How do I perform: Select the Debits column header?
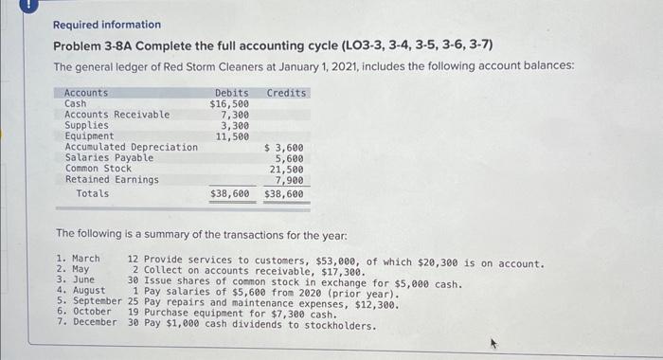coord(232,93)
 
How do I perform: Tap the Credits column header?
coord(287,93)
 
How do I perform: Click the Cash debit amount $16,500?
coord(229,103)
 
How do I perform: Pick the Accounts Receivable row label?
coord(116,115)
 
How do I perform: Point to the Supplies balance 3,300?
coord(235,125)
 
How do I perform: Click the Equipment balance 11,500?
coord(232,136)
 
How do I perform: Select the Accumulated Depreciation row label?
coord(131,147)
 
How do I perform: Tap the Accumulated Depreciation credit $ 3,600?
coord(283,147)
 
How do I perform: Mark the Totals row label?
coord(92,193)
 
